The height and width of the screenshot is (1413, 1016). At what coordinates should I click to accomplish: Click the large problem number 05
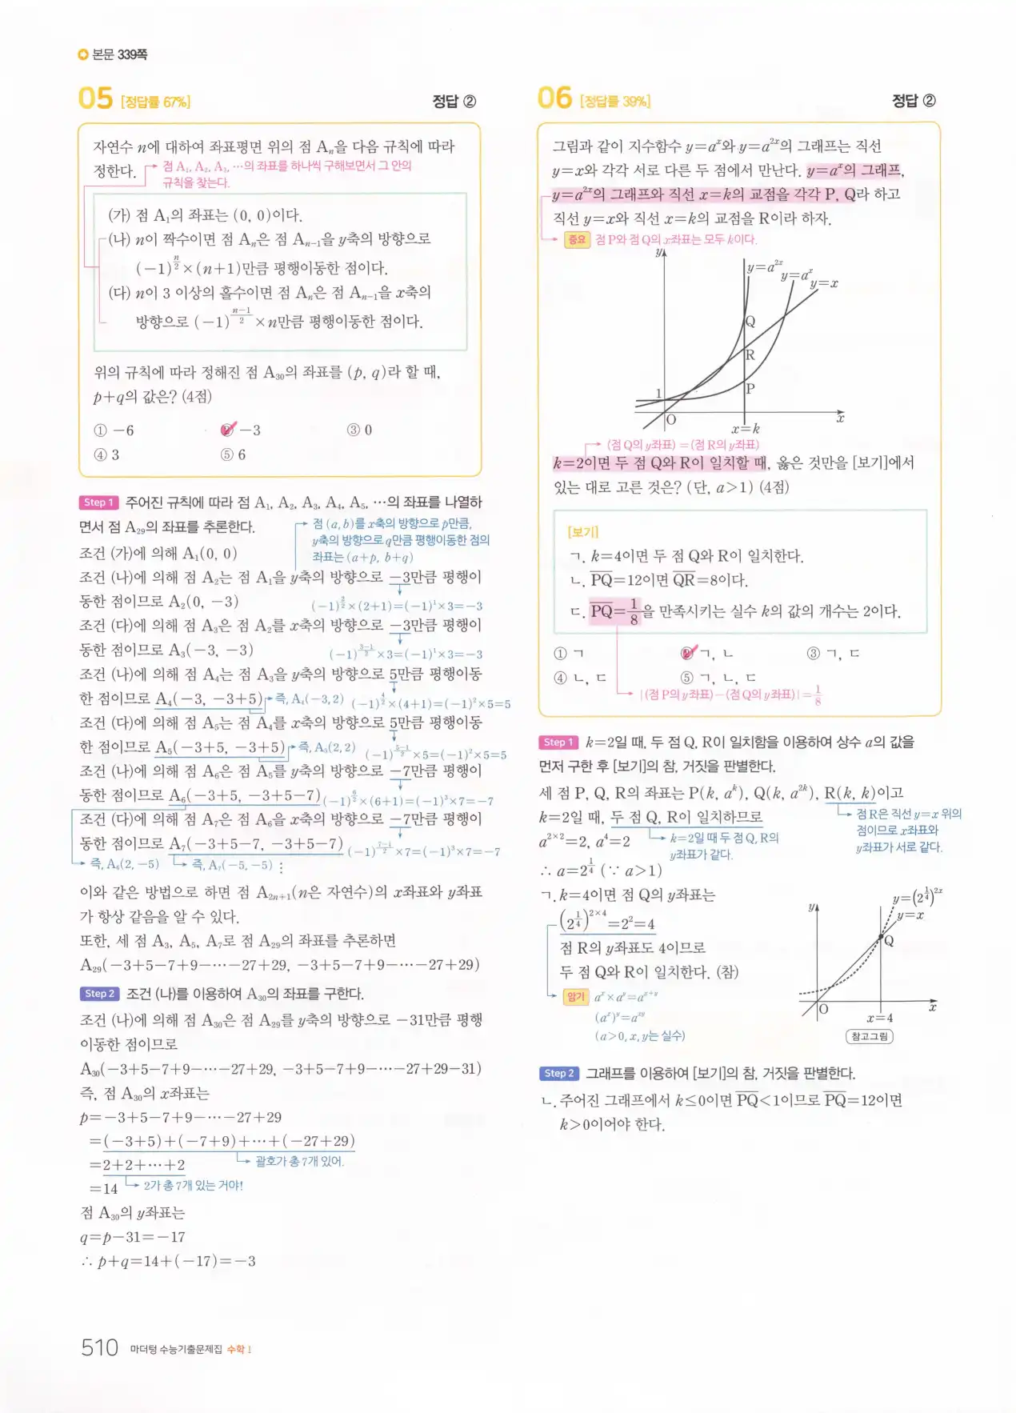click(x=95, y=99)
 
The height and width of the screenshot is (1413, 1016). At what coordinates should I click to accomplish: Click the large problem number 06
click(x=554, y=98)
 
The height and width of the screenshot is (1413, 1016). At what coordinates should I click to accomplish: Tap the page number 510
click(x=99, y=1347)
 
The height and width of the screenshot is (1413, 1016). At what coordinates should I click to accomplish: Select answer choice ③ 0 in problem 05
click(x=359, y=430)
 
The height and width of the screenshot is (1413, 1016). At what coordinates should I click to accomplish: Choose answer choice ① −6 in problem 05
click(x=114, y=430)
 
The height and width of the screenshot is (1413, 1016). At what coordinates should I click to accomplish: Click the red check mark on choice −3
click(x=229, y=430)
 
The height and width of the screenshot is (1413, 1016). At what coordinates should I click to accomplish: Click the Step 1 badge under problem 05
click(x=98, y=502)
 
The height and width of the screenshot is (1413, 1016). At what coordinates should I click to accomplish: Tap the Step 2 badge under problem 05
click(x=99, y=994)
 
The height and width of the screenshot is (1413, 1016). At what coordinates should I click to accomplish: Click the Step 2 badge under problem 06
click(x=558, y=1073)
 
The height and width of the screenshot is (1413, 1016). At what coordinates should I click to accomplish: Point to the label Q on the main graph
click(x=750, y=322)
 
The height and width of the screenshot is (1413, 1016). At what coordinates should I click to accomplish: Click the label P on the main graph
click(x=750, y=389)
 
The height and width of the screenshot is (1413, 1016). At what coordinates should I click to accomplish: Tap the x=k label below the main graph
click(x=745, y=429)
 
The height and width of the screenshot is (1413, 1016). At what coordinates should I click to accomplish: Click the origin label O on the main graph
click(x=671, y=419)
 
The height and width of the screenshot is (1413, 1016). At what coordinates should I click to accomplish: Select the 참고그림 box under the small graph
click(x=869, y=1036)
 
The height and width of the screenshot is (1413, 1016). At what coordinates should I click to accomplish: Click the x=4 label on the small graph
click(x=879, y=1019)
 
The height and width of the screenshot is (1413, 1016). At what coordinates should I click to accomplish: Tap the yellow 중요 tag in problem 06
click(x=577, y=239)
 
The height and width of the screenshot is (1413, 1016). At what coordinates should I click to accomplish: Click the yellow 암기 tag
click(x=575, y=997)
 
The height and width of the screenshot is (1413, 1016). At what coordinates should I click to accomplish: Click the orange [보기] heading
click(x=582, y=532)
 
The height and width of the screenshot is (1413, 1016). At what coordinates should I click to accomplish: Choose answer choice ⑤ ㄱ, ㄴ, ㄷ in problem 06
click(x=718, y=678)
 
